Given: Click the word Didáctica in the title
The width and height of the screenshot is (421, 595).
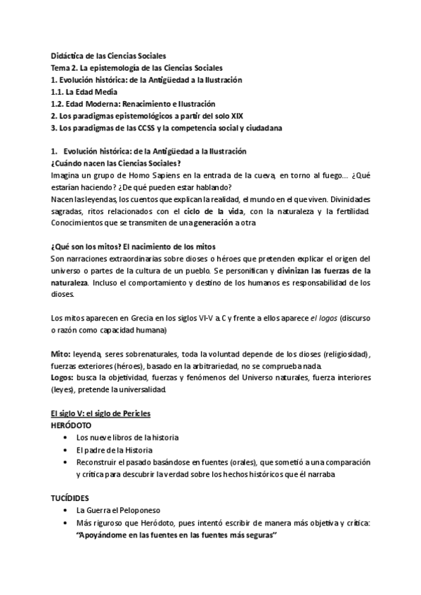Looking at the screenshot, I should (66, 55).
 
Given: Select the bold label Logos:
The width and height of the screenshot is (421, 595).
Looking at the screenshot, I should (65, 377).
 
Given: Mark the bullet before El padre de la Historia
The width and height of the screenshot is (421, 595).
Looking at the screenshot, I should (65, 450).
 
